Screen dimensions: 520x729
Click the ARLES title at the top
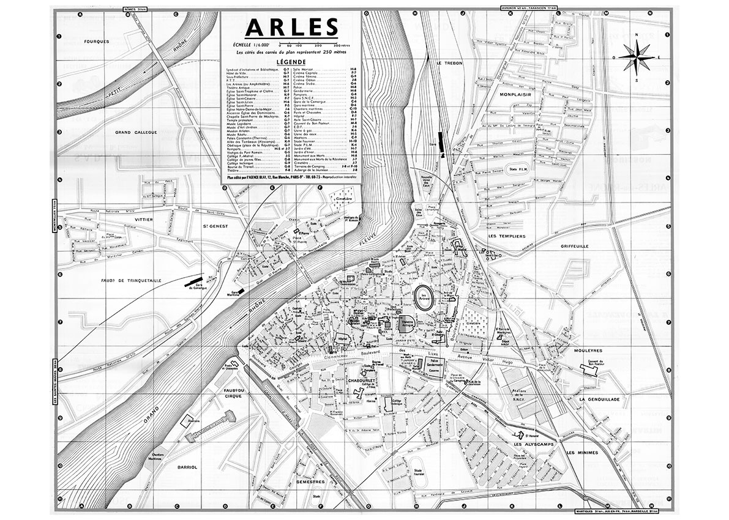click(291, 28)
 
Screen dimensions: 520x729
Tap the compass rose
click(637, 57)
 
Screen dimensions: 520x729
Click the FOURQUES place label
click(98, 42)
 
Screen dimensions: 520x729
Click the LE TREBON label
click(447, 63)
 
